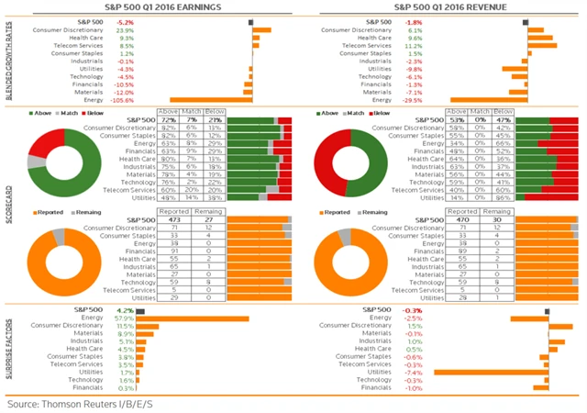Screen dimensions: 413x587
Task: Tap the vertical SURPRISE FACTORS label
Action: click(8, 351)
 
